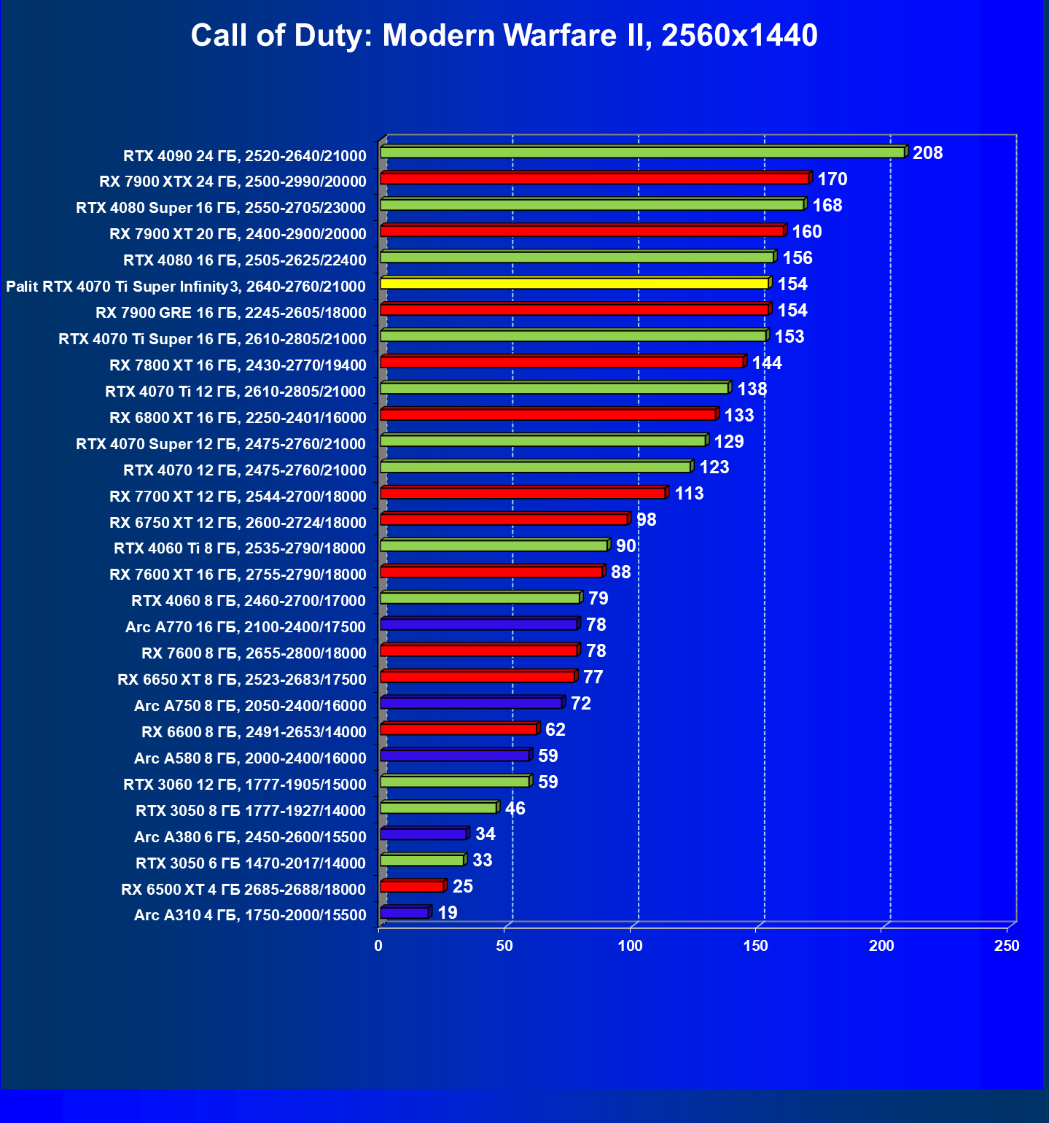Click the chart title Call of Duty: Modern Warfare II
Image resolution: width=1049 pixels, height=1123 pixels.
coord(504,35)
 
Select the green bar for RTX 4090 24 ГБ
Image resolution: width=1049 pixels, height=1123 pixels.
coord(642,152)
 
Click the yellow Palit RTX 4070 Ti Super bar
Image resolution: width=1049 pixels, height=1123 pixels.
coord(574,283)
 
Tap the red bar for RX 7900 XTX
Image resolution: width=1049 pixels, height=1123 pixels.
coord(594,179)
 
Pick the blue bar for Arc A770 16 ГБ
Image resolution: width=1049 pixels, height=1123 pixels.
coord(478,625)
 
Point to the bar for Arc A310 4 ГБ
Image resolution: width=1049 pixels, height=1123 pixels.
coord(405,913)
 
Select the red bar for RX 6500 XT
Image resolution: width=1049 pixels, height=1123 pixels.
coord(412,887)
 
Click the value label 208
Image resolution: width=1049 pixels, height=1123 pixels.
coord(927,153)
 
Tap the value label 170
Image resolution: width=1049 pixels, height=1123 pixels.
coord(832,179)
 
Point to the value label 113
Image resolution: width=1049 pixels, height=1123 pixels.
coord(689,494)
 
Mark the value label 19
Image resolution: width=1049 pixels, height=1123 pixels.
coord(448,913)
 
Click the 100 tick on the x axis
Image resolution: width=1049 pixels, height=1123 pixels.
coord(631,946)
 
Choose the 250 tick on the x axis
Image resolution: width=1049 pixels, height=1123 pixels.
coord(1007,946)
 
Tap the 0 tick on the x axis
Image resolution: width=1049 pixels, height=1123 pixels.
coord(378,946)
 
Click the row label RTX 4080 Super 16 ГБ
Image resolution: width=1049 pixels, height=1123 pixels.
coord(221,208)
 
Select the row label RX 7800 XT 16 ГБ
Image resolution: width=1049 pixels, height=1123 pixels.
coord(238,365)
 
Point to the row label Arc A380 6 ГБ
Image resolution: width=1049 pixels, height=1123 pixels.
coord(250,837)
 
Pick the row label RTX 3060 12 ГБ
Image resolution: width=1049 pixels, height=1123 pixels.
coord(245,785)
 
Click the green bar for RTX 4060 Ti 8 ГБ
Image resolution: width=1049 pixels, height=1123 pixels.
coord(494,546)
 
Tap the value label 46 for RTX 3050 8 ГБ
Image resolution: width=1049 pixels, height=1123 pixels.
coord(515,809)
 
